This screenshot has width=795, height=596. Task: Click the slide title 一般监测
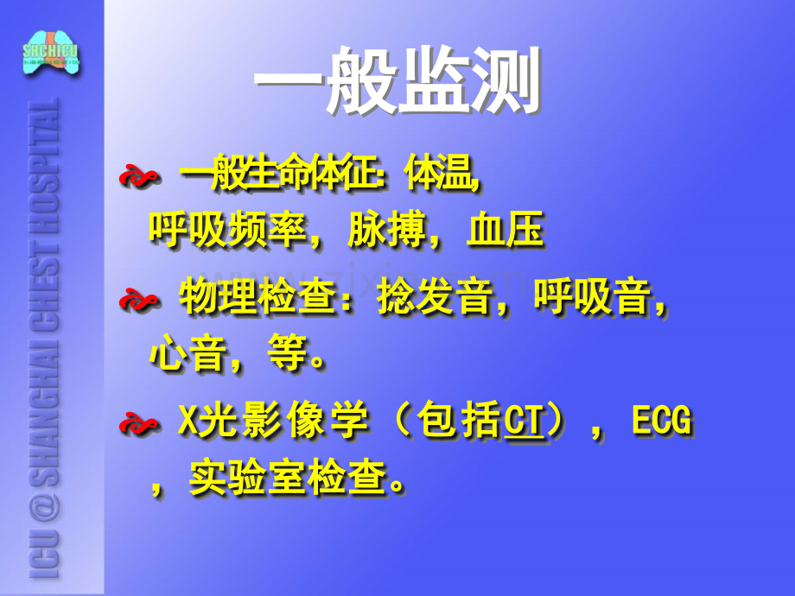tap(397, 82)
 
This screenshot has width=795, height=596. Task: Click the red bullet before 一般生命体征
tap(138, 178)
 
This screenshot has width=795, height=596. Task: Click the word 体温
tap(444, 177)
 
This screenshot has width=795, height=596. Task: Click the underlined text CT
tap(524, 423)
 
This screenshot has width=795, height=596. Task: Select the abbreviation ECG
tap(662, 423)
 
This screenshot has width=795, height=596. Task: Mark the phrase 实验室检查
tap(287, 478)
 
